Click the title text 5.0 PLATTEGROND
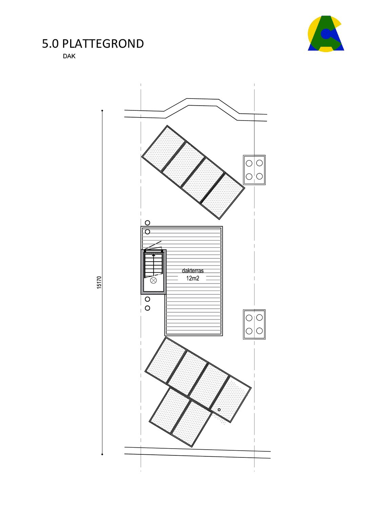coord(93,44)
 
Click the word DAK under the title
coord(69,56)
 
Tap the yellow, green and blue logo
coord(326,34)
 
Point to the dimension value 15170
coord(99,282)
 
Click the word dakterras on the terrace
coord(192,271)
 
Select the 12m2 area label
coord(192,278)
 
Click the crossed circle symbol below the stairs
coord(154,280)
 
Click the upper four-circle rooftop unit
coord(254,170)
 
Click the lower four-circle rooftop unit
coord(254,324)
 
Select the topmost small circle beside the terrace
coord(147,223)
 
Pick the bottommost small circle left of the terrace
coord(147,308)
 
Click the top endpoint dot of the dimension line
coord(102,111)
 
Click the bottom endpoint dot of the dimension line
coord(102,454)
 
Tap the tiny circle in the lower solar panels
coord(219,410)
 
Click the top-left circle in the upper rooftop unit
coord(249,163)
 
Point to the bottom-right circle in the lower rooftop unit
coord(260,331)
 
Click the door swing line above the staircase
coord(153,245)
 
